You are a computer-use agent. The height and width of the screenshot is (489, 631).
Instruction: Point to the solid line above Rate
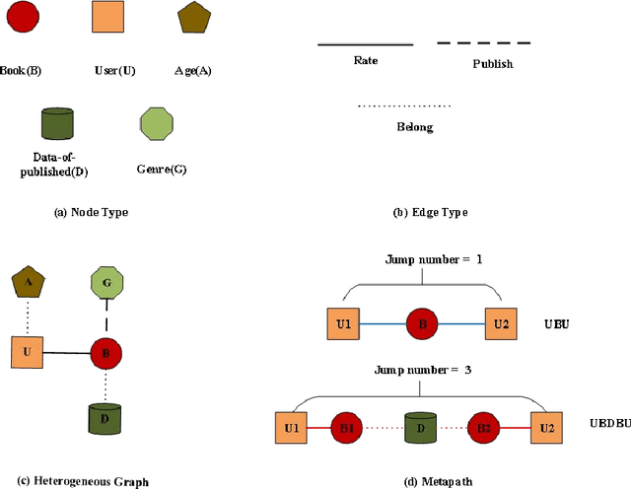tap(365, 44)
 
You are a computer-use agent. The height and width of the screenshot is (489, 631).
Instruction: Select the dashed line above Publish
tap(484, 43)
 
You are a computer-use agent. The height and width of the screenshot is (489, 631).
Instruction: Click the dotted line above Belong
tap(404, 105)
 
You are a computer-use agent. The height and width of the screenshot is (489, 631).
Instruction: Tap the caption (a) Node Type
tap(92, 212)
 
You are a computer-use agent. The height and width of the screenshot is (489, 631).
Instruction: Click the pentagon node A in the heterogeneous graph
tap(27, 282)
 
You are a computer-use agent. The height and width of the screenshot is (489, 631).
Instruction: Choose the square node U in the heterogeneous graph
tap(28, 352)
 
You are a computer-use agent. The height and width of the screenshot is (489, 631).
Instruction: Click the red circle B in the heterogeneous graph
tap(105, 352)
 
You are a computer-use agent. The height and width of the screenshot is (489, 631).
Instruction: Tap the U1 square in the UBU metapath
tap(343, 323)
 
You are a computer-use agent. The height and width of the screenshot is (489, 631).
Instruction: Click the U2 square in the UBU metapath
tap(501, 323)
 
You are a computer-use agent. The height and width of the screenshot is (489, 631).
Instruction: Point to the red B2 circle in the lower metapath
tap(484, 428)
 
